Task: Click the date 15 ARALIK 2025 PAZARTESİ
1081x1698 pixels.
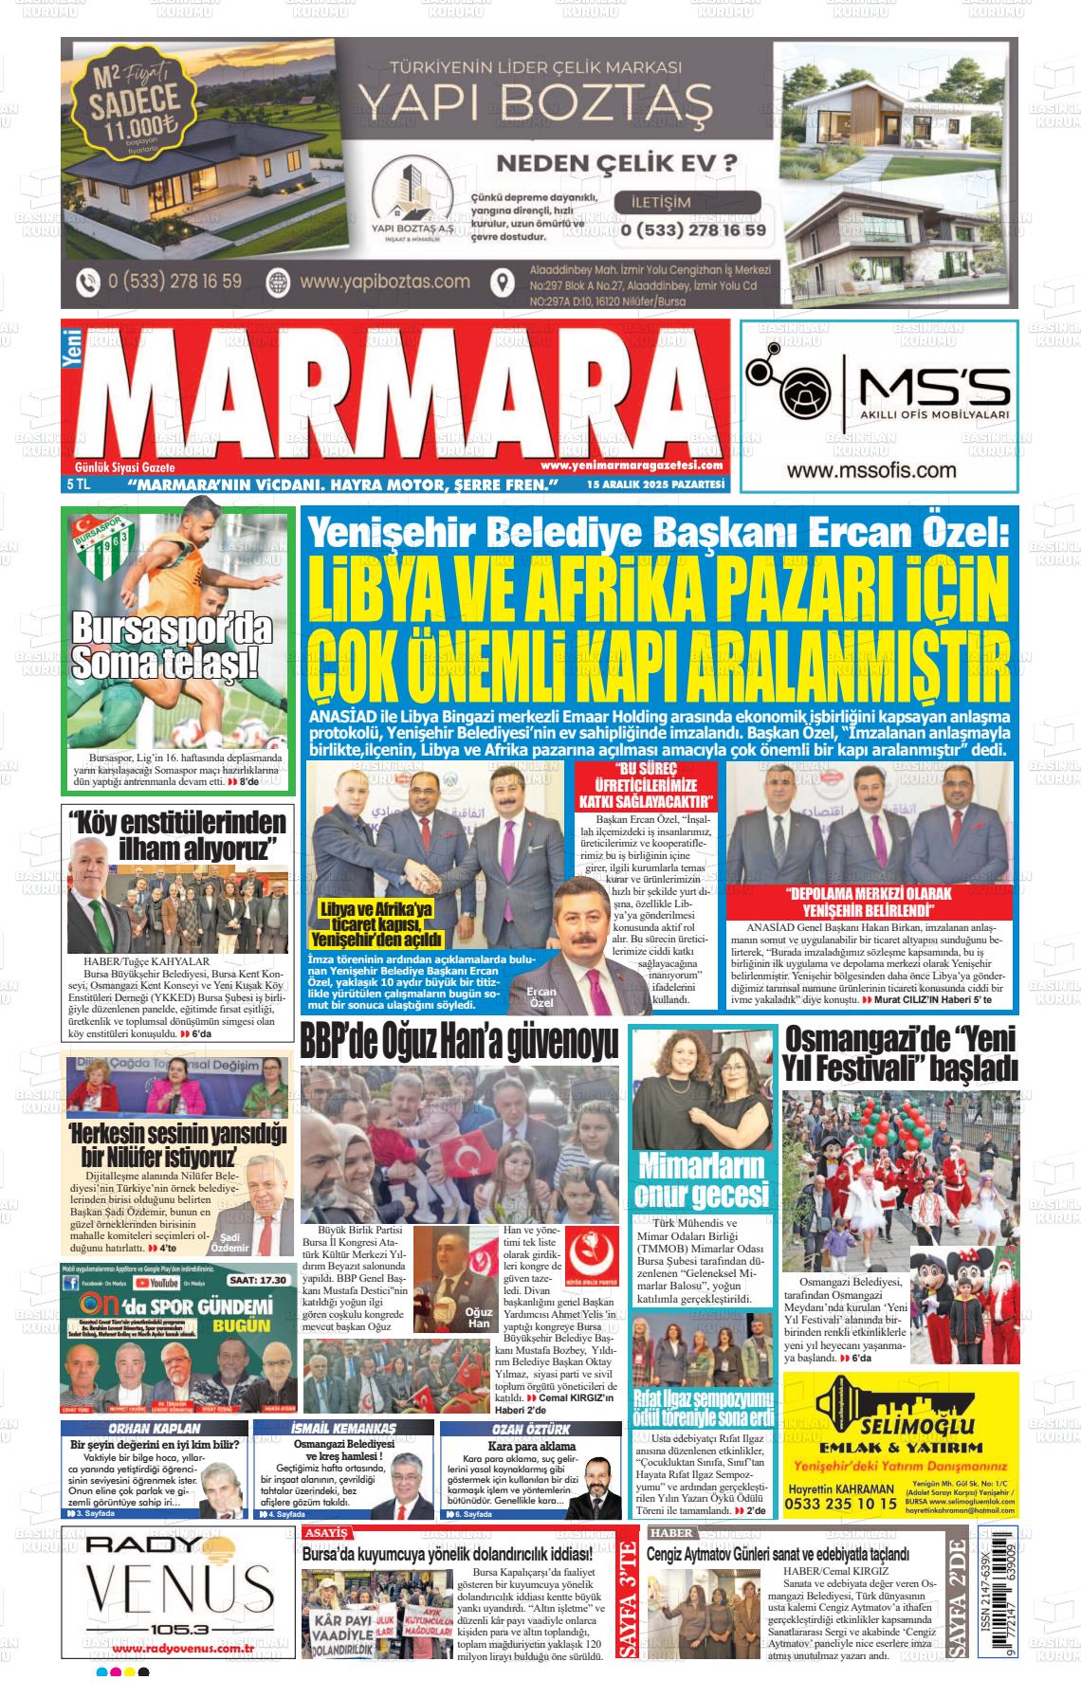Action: [655, 484]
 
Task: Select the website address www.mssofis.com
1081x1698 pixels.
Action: [870, 470]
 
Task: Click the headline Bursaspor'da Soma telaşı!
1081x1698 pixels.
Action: [172, 647]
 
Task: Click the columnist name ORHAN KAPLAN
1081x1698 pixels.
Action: [155, 1428]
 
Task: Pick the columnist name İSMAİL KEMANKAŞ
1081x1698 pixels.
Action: [343, 1428]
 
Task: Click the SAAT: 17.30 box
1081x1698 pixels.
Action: [256, 1280]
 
